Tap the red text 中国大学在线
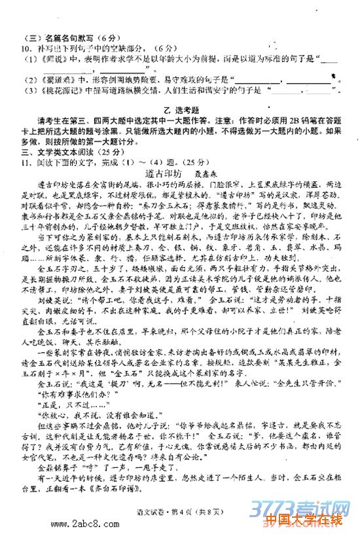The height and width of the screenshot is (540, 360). [305, 520]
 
